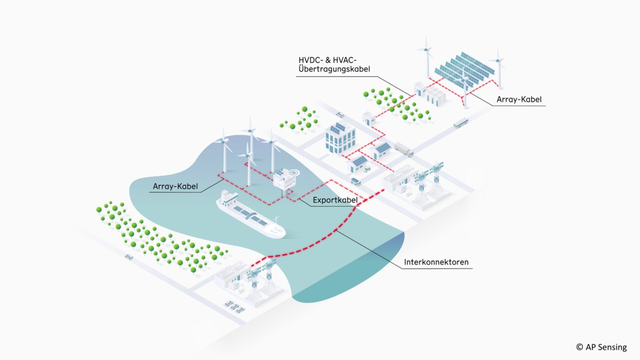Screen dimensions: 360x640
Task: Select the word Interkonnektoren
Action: tap(436, 263)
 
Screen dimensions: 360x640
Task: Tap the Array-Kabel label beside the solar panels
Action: tap(519, 100)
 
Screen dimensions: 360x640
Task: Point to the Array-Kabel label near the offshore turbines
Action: tap(175, 187)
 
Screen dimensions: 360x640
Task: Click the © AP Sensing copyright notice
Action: tap(601, 347)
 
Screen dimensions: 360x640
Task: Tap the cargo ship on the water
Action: tap(250, 216)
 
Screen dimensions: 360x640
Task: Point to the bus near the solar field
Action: tap(460, 123)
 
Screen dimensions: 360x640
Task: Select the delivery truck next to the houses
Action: tap(403, 149)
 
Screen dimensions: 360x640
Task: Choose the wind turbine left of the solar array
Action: tap(427, 57)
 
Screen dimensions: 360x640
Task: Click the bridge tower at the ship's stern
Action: tap(228, 198)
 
